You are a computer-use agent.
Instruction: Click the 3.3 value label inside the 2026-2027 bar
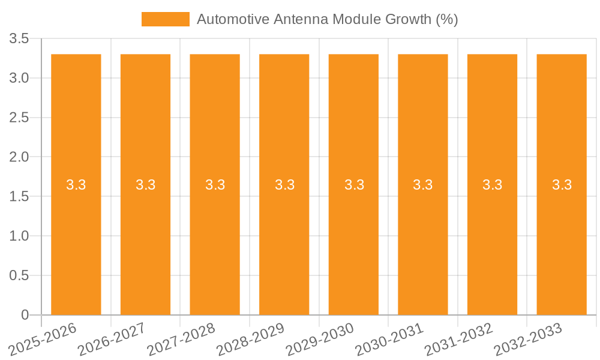146,185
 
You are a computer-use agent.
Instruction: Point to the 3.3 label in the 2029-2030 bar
354,185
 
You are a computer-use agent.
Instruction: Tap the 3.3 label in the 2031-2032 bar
493,185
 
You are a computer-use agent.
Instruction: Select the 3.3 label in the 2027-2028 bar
215,185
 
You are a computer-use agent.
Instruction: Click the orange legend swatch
165,19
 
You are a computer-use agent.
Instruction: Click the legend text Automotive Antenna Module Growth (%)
327,19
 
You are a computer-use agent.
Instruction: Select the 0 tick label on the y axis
25,315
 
